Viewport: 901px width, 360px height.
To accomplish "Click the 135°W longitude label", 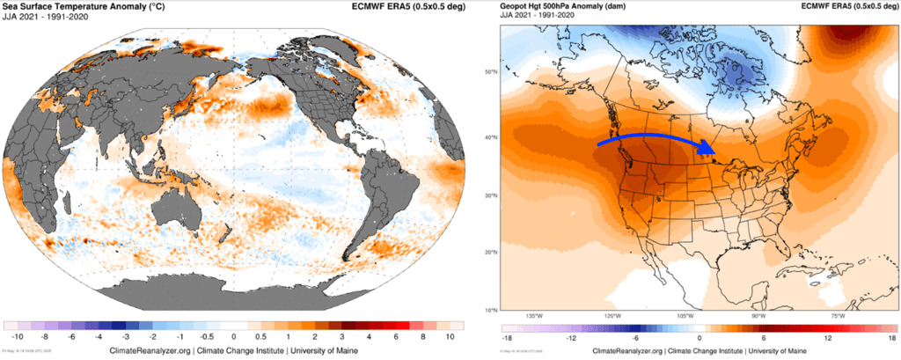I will pyautogui.click(x=534, y=315).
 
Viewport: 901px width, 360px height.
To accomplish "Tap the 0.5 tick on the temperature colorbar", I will pyautogui.click(x=261, y=337).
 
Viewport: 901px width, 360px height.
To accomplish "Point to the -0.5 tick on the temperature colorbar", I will pyautogui.click(x=206, y=337).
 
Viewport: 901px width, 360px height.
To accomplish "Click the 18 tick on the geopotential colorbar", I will pyautogui.click(x=890, y=337).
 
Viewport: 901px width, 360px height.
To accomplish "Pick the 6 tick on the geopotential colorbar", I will pyautogui.click(x=764, y=337).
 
